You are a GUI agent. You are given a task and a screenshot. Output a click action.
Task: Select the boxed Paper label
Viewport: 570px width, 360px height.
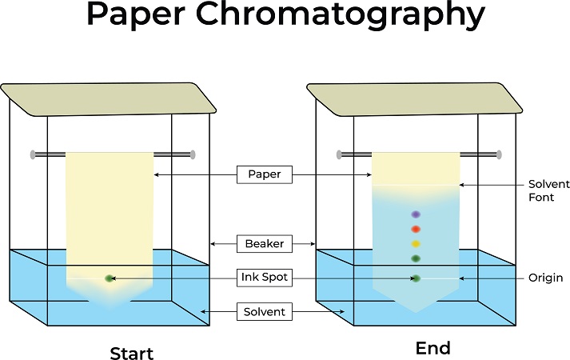click(x=263, y=174)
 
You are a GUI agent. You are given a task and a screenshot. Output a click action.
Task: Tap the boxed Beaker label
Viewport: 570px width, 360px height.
click(x=263, y=242)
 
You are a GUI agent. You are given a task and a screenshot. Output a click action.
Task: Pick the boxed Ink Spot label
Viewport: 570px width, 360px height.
click(x=264, y=278)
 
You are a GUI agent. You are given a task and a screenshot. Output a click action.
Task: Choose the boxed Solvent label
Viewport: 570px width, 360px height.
click(x=264, y=311)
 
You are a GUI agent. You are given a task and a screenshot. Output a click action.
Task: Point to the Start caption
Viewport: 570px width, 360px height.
click(x=131, y=353)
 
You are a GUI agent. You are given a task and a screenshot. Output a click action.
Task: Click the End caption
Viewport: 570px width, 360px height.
click(x=432, y=349)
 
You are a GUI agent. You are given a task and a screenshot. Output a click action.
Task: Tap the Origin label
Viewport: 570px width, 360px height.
click(x=546, y=278)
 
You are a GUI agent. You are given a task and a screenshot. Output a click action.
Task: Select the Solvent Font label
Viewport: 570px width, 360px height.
click(x=549, y=190)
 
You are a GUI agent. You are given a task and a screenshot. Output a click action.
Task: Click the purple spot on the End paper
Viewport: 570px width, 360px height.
click(x=416, y=214)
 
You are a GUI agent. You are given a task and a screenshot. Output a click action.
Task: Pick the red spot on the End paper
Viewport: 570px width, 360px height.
click(x=416, y=230)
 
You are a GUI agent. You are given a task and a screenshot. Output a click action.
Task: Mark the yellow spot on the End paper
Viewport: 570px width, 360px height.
click(x=416, y=243)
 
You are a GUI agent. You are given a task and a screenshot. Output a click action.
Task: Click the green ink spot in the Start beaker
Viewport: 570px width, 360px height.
click(x=110, y=278)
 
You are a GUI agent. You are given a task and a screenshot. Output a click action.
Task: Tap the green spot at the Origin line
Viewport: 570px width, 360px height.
click(x=416, y=278)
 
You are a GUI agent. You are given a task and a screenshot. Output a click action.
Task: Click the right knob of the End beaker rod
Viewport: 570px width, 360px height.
click(x=500, y=154)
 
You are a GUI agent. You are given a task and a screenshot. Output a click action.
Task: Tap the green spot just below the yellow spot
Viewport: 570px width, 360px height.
click(x=416, y=258)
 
